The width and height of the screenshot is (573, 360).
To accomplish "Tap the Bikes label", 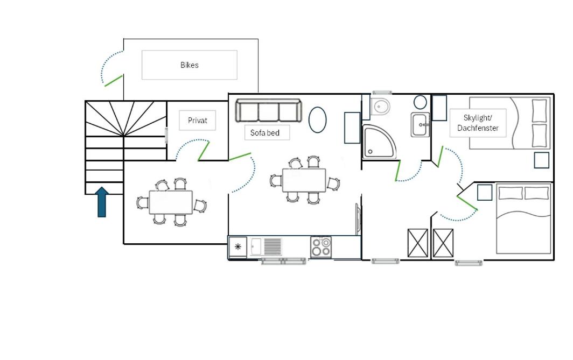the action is tap(190, 65).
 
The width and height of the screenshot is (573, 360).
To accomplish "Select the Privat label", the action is tap(197, 121).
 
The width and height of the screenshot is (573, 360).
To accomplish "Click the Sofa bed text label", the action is tap(265, 133).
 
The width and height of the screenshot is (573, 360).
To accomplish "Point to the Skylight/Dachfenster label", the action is tap(478, 123).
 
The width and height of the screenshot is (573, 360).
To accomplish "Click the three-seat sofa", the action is tap(269, 111).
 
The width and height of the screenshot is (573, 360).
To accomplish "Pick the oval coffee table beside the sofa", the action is tap(318, 120).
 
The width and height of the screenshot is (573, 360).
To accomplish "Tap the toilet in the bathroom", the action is tap(380, 107).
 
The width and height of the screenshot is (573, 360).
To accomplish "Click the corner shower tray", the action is tap(379, 142).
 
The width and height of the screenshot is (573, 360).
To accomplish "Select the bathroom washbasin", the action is tap(420, 124).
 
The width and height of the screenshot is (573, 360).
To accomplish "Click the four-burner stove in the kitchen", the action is tap(321, 247).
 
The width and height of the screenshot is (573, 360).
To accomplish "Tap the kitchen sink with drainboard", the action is tap(267, 247).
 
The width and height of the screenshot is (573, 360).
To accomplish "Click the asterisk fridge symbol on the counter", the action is tap(238, 247).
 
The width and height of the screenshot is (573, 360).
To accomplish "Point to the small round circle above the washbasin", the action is tap(420, 102).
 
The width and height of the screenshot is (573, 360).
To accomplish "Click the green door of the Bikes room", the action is tap(114, 81).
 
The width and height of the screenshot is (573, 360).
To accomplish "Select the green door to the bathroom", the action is tap(397, 171).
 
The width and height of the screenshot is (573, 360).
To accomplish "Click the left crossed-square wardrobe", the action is tap(418, 243).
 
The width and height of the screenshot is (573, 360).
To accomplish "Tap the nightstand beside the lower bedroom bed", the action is tap(485, 193).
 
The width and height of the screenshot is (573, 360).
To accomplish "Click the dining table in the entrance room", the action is tap(171, 202).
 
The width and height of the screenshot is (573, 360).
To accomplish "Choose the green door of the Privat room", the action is tap(204, 151).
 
